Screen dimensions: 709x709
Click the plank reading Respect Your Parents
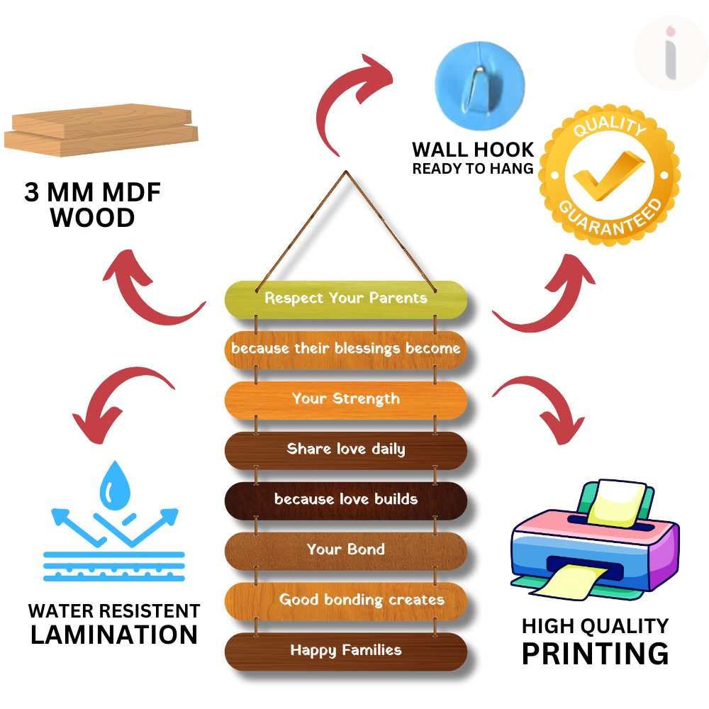pos(346,298)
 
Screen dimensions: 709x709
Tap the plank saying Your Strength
pos(346,399)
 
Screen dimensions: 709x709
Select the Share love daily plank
pos(346,450)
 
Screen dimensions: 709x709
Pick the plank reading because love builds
pos(346,500)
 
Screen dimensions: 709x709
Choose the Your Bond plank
pos(346,550)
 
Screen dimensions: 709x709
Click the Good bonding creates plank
pos(346,601)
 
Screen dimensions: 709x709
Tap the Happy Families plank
pos(346,651)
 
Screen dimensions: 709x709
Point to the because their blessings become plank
pos(346,349)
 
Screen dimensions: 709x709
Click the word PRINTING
pos(595,653)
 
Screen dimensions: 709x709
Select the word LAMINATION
pos(114,635)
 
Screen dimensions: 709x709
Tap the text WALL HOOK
pos(473,150)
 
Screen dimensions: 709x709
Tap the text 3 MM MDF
pos(93,192)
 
